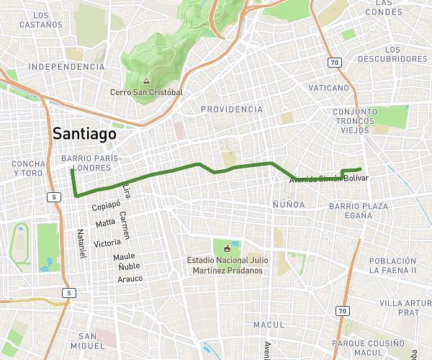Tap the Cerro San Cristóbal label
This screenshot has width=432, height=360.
pos(146,92)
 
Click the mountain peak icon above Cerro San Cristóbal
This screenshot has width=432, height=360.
pos(146,81)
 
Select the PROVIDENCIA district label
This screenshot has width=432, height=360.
pos(232,109)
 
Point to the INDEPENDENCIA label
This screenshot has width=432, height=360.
pos(66,66)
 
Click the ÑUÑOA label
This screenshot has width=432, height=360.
pos(288,204)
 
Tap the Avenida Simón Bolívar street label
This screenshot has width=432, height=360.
pos(328,179)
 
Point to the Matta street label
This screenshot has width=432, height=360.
pos(105,222)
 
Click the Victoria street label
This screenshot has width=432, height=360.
pos(107,243)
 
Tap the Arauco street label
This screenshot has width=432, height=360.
pos(130,279)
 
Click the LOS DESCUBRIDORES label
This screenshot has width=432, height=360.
pos(392,59)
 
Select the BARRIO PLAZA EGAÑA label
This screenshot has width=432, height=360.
pos(359,211)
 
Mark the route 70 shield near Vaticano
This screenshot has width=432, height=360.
pos(335,63)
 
